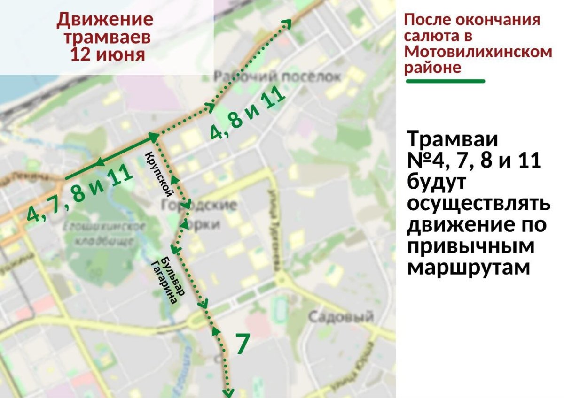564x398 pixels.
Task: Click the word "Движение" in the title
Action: [105, 20]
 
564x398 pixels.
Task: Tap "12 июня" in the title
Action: [107, 54]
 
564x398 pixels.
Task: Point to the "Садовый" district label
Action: [341, 317]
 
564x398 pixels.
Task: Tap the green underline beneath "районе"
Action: [445, 81]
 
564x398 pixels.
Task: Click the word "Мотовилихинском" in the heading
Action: [478, 52]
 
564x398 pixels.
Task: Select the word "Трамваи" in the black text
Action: [453, 140]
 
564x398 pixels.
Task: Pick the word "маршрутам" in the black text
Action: [469, 268]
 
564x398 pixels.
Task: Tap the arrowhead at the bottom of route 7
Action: [229, 390]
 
